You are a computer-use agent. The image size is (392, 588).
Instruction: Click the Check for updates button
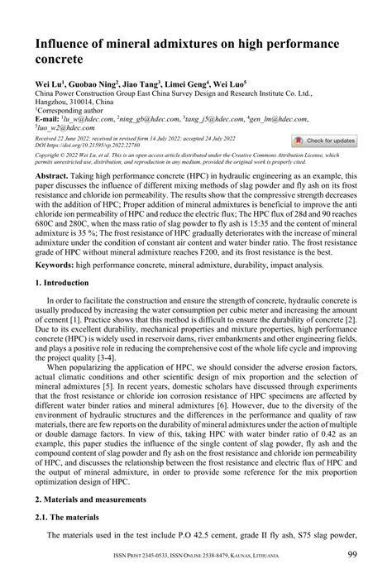pyautogui.click(x=324, y=141)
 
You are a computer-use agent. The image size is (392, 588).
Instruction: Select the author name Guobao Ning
pyautogui.click(x=93, y=83)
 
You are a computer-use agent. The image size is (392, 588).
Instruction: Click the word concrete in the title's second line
pyautogui.click(x=59, y=60)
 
